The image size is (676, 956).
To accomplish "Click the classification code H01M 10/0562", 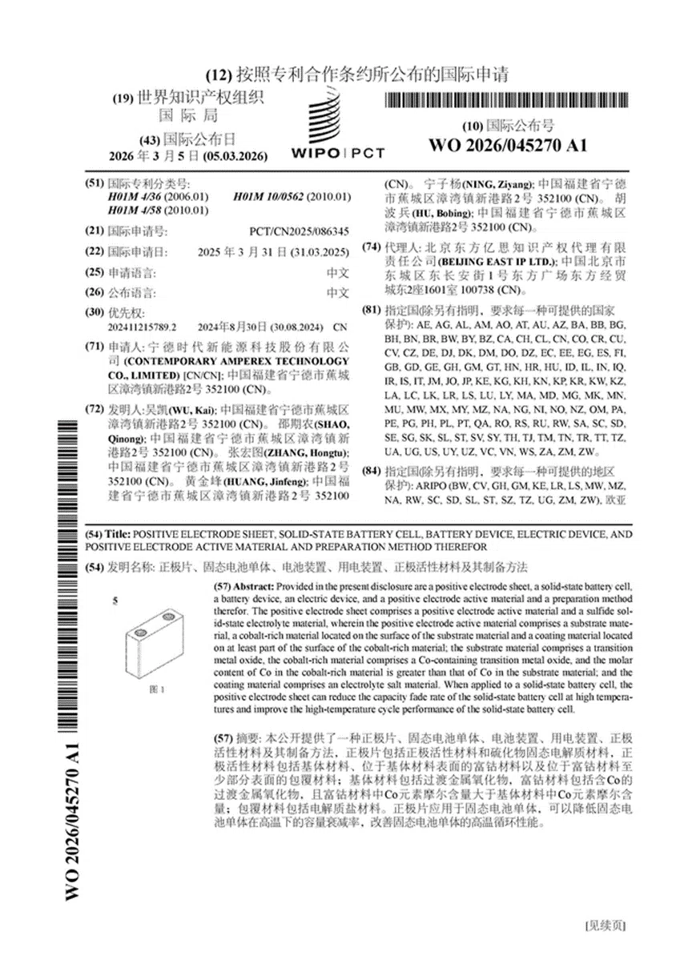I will pos(292,197).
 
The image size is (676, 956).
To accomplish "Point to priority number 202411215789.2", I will pos(142,327).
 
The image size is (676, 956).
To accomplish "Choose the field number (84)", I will pos(372,472).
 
